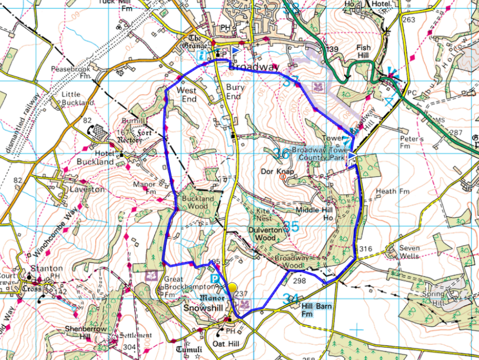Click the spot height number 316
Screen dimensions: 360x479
366,249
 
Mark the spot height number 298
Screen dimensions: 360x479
299,281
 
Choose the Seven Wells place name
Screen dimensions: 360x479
410,252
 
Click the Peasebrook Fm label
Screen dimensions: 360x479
71,72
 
